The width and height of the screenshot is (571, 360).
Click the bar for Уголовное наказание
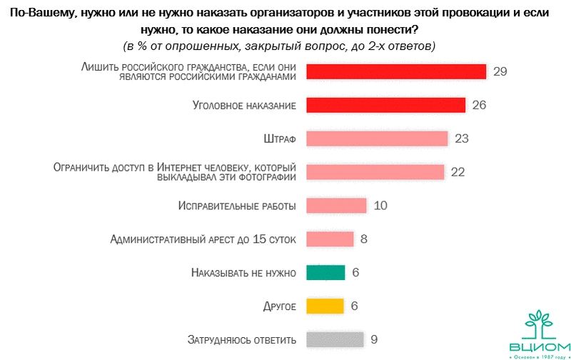click(x=385, y=105)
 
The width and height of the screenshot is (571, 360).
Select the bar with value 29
click(x=396, y=71)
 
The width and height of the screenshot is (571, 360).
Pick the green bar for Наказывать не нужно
click(x=325, y=272)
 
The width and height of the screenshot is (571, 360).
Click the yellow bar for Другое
click(x=325, y=306)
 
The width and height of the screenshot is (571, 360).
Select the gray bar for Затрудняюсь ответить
click(x=335, y=339)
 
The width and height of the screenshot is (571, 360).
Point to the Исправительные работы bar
click(x=336, y=206)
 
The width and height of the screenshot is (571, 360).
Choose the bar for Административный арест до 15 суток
click(x=330, y=239)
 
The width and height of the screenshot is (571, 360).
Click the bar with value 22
click(x=375, y=171)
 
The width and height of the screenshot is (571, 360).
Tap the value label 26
click(x=479, y=105)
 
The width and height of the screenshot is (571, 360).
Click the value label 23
click(x=461, y=139)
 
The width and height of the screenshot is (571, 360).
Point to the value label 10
click(x=380, y=206)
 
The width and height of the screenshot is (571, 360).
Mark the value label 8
click(x=364, y=239)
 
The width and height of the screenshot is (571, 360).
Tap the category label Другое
click(x=280, y=306)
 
